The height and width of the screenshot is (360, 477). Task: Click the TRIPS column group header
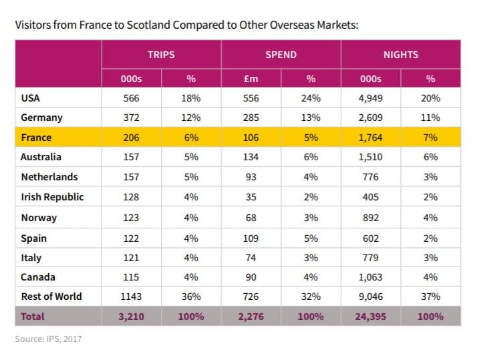[x=161, y=54]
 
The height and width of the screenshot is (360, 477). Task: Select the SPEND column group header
[x=281, y=54]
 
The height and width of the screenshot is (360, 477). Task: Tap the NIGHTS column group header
[x=400, y=54]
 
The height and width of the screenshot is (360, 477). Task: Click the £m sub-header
[x=251, y=79]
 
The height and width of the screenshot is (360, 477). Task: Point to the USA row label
[x=31, y=98]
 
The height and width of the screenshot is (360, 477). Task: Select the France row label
[x=36, y=138]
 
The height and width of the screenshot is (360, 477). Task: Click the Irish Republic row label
[x=53, y=197]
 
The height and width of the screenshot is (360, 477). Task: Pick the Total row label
[x=33, y=317]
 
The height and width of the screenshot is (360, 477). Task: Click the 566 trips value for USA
[x=130, y=98]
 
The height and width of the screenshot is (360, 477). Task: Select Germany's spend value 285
[x=251, y=118]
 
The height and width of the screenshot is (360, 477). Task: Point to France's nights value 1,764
[x=370, y=138]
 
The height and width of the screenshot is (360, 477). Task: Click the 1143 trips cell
[x=130, y=297]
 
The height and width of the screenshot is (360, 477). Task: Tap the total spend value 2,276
[x=251, y=317]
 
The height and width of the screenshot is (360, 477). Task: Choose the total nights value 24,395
[x=370, y=317]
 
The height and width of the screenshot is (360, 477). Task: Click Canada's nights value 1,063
[x=370, y=277]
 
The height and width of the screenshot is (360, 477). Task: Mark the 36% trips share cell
[x=191, y=297]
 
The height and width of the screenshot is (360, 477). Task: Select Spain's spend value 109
[x=251, y=237]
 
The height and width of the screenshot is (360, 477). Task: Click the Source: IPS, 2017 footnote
[x=48, y=339]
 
